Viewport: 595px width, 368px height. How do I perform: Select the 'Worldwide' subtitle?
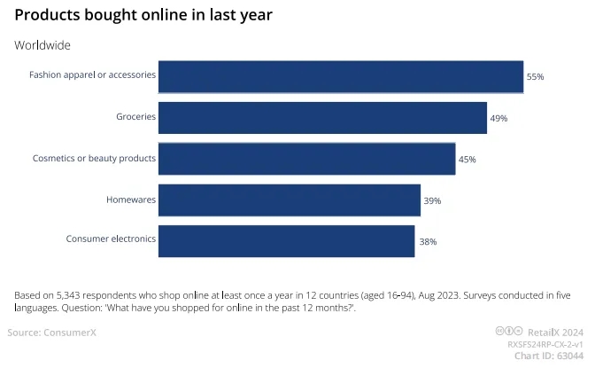[42, 45]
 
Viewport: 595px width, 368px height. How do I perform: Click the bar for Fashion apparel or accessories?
[341, 76]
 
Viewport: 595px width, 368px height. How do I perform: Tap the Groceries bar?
[322, 117]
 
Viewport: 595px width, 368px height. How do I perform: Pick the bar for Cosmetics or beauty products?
[306, 159]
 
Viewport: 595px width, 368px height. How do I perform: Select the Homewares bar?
[289, 200]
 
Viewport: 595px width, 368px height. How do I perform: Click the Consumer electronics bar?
[286, 240]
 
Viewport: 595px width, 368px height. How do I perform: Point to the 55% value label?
[535, 77]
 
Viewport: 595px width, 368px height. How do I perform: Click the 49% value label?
[498, 118]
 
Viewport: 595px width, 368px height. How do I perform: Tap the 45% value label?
[467, 160]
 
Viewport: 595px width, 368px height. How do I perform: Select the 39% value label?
[432, 201]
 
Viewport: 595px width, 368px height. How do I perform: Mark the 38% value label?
[428, 241]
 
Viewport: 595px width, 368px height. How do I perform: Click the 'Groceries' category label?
[135, 117]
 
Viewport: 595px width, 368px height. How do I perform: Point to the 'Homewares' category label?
[131, 200]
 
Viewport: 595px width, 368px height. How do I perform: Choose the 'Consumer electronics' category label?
[111, 239]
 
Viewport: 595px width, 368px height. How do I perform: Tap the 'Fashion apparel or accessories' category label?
[92, 75]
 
